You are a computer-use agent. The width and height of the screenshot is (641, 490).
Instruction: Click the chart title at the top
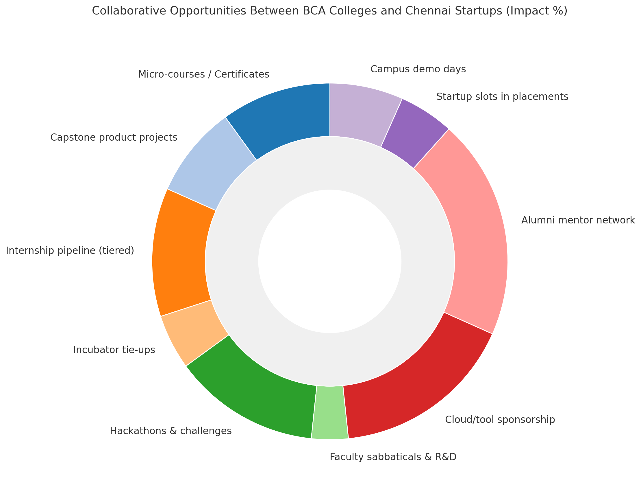[x=329, y=11]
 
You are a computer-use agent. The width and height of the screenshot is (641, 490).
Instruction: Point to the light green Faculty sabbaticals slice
[x=330, y=412]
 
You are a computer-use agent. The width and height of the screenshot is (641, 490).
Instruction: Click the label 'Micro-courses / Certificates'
[x=203, y=74]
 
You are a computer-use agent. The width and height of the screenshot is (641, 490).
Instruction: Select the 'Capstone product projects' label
[x=114, y=137]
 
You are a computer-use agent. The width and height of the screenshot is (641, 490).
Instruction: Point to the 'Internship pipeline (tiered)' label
[x=70, y=250]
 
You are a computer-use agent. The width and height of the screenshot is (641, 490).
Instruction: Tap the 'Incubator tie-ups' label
[x=114, y=349]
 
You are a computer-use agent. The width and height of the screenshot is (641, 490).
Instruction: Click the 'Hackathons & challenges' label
[x=171, y=430]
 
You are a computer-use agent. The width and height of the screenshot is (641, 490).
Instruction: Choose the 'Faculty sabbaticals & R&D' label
[x=393, y=457]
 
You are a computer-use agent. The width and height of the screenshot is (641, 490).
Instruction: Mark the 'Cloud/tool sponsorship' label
[x=500, y=419]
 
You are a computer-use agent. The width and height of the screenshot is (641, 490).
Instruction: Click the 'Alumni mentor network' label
[x=578, y=220]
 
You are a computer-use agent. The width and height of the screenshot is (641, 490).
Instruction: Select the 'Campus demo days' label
[x=418, y=69]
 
